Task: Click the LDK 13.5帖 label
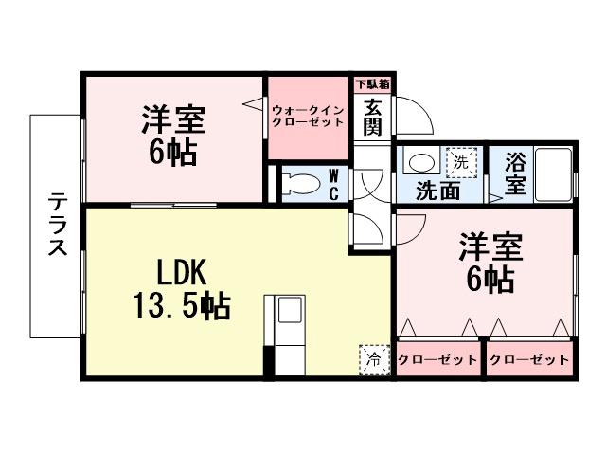[180, 288]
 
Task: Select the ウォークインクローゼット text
[308, 115]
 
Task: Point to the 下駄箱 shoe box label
[372, 83]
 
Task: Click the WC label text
[333, 183]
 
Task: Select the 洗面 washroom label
[439, 190]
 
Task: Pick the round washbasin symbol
[419, 162]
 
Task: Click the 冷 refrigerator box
[372, 358]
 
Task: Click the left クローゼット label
[437, 360]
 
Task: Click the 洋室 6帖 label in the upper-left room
[174, 136]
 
